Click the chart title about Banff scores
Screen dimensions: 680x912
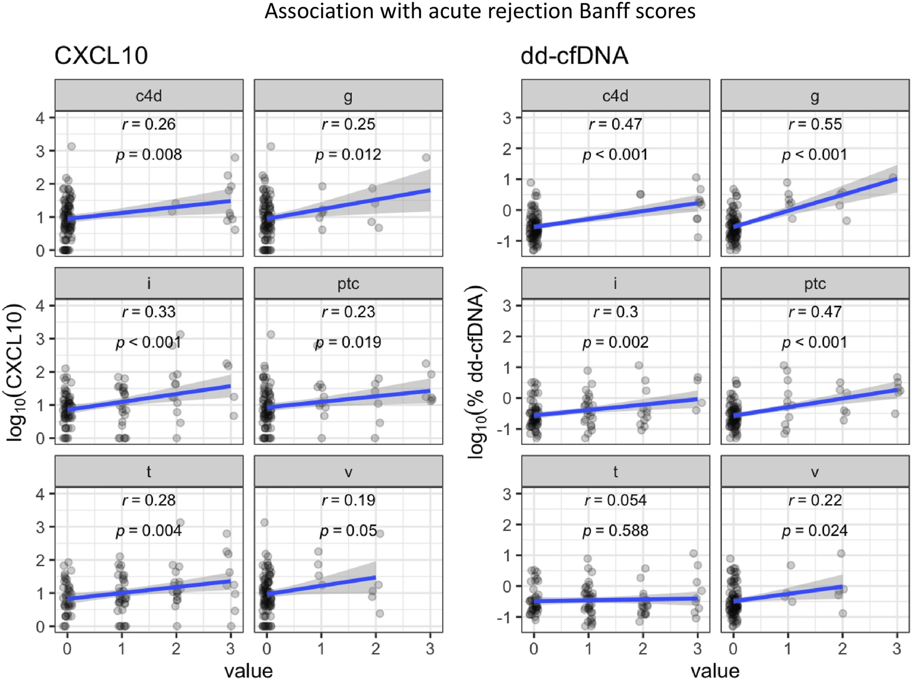[x=480, y=11]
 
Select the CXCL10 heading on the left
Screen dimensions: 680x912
[x=101, y=56]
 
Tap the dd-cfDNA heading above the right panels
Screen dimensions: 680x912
[x=574, y=56]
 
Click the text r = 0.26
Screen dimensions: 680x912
[x=149, y=125]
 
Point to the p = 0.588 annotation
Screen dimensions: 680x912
[x=615, y=531]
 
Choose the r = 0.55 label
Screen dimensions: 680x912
[x=815, y=125]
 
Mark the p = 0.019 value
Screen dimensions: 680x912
[x=348, y=343]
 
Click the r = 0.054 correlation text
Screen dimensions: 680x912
[x=615, y=501]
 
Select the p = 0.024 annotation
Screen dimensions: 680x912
[x=815, y=531]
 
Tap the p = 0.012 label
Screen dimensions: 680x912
[x=348, y=155]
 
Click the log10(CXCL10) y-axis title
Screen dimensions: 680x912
[x=16, y=372]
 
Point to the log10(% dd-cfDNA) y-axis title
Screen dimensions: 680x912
[x=477, y=372]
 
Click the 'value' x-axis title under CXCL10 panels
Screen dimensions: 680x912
[x=249, y=671]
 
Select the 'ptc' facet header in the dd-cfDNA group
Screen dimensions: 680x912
[x=815, y=284]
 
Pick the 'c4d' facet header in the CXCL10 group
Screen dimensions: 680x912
[x=149, y=96]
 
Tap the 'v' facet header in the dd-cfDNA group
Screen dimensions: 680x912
[x=815, y=472]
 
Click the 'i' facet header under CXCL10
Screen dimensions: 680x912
[x=149, y=284]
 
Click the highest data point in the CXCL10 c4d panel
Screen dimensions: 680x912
[x=71, y=147]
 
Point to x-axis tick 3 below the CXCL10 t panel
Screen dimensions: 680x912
[x=230, y=649]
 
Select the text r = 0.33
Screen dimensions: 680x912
[x=149, y=312]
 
